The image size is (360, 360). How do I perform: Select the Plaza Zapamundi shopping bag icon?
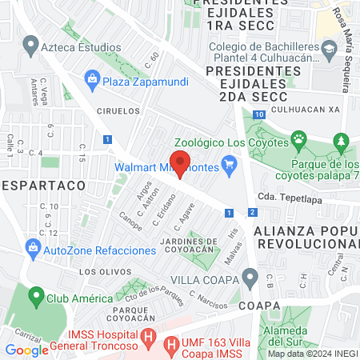(92, 79)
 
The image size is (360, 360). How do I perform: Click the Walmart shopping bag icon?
(230, 167)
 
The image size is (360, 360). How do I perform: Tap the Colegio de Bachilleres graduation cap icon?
(327, 50)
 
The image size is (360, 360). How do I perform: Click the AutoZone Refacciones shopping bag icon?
(33, 249)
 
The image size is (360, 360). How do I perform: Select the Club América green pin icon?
(35, 298)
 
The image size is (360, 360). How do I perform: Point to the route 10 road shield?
(260, 115)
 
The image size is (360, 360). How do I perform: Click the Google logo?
(26, 350)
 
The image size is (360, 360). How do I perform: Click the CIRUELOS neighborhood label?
(118, 111)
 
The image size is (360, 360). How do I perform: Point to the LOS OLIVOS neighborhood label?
(100, 272)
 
